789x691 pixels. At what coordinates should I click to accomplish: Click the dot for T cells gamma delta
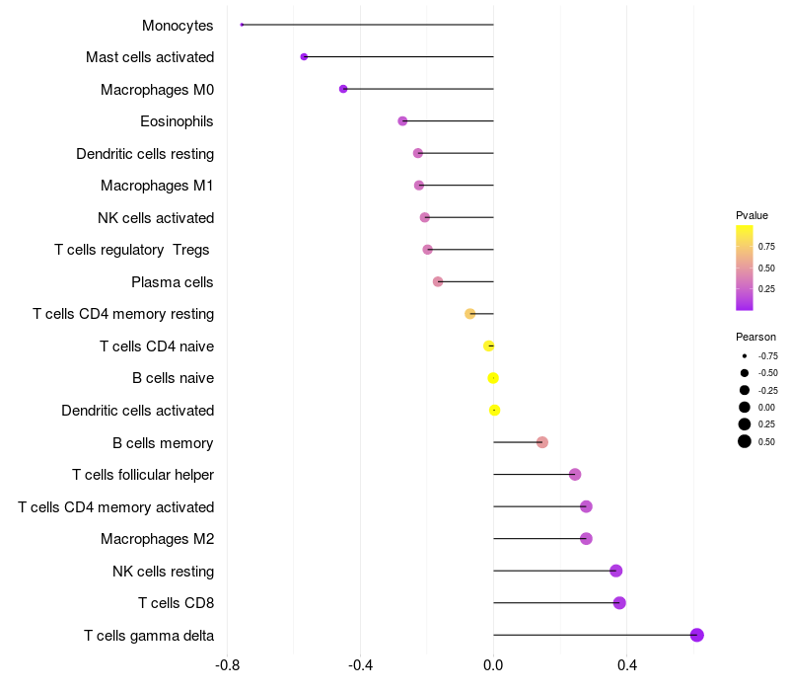pyautogui.click(x=697, y=635)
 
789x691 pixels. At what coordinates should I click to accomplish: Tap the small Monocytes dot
pyautogui.click(x=242, y=25)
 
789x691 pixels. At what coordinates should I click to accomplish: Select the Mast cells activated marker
pyautogui.click(x=304, y=57)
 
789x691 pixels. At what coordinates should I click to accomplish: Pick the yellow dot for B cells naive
pyautogui.click(x=493, y=378)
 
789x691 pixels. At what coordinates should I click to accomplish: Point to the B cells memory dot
pyautogui.click(x=542, y=442)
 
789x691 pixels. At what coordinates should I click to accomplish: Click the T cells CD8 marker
pyautogui.click(x=619, y=603)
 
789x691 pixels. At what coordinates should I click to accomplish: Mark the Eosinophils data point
pyautogui.click(x=402, y=121)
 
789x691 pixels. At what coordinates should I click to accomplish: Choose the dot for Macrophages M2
pyautogui.click(x=586, y=539)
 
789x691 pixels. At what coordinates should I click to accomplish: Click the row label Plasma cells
pyautogui.click(x=173, y=282)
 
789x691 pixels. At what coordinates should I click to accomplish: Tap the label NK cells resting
pyautogui.click(x=164, y=572)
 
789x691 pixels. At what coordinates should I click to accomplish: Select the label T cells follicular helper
pyautogui.click(x=143, y=475)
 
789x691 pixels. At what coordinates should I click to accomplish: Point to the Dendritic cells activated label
pyautogui.click(x=138, y=411)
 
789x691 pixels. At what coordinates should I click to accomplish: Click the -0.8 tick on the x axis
pyautogui.click(x=227, y=665)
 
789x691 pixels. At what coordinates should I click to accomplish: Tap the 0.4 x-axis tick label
pyautogui.click(x=626, y=665)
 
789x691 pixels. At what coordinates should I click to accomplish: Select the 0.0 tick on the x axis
pyautogui.click(x=493, y=665)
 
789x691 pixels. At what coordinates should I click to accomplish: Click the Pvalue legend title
pyautogui.click(x=752, y=215)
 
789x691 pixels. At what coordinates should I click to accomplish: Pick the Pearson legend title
pyautogui.click(x=755, y=337)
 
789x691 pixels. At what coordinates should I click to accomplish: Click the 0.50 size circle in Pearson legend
pyautogui.click(x=745, y=441)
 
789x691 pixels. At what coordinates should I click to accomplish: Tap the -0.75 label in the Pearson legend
pyautogui.click(x=768, y=355)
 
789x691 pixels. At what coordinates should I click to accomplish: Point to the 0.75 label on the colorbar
pyautogui.click(x=766, y=246)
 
